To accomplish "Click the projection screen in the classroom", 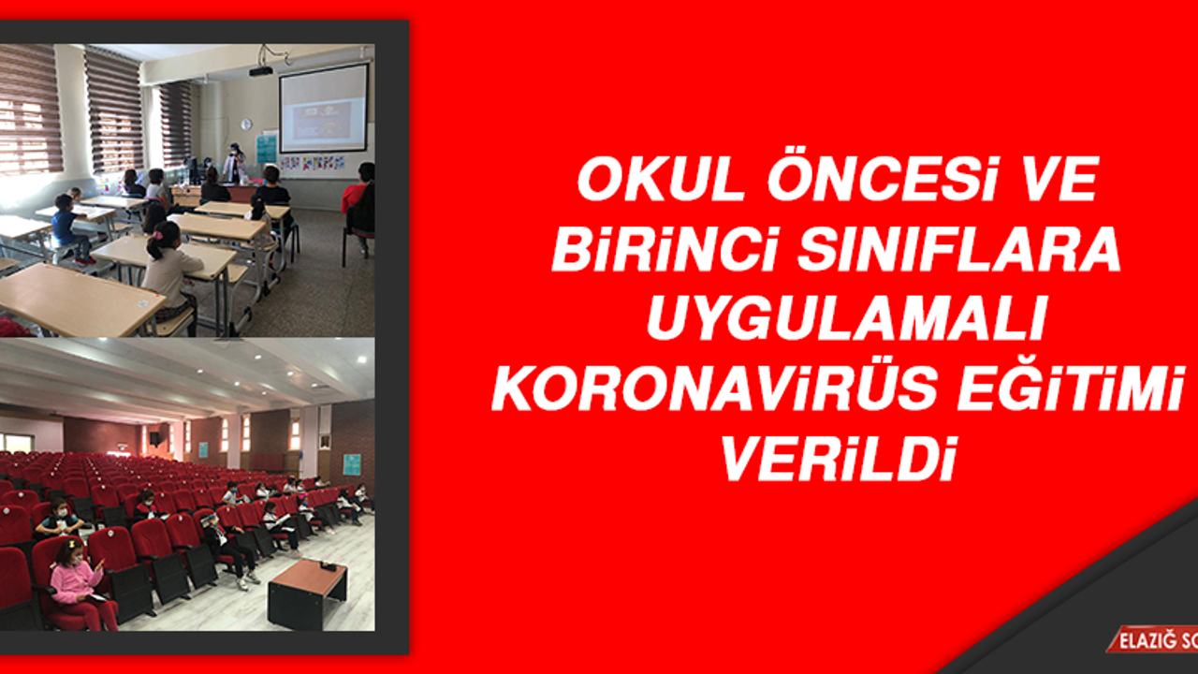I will point(323,108).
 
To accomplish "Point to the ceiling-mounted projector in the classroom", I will point(261,69).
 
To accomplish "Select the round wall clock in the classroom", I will point(246,125).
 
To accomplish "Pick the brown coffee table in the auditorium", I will point(307,593).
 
